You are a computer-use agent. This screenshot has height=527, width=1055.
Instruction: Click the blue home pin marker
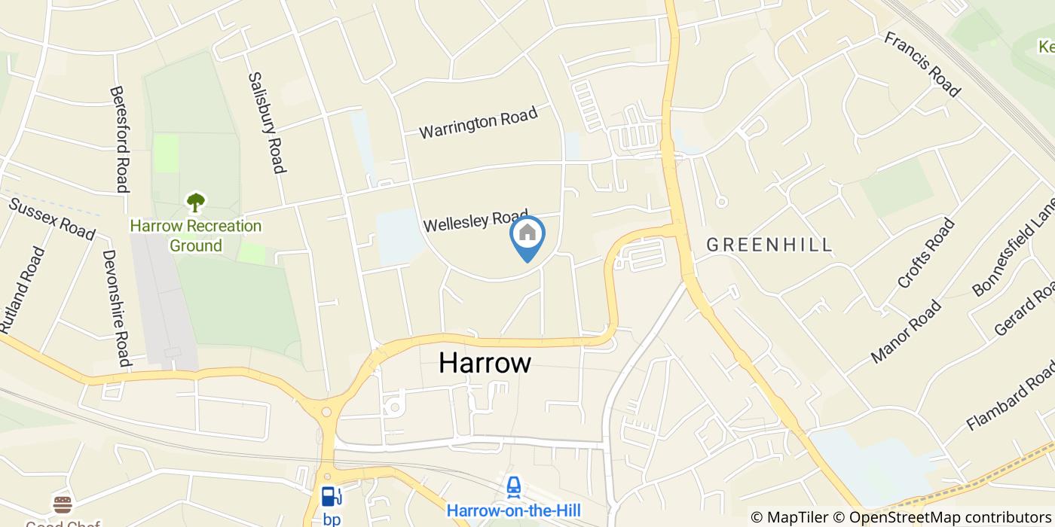(527, 235)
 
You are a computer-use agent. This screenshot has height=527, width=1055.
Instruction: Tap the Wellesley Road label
(476, 221)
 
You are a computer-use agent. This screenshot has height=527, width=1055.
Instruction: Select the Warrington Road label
(479, 123)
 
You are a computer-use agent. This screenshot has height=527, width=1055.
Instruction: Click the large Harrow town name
(485, 364)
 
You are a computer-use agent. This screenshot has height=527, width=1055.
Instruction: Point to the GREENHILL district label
(769, 245)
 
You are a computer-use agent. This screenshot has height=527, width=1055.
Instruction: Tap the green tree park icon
(196, 202)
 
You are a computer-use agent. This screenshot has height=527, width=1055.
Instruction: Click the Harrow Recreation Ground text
(195, 236)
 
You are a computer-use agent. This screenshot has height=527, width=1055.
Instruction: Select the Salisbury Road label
(267, 123)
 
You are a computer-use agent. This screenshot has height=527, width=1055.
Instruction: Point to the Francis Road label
(922, 64)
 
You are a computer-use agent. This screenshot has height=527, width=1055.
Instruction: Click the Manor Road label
(906, 331)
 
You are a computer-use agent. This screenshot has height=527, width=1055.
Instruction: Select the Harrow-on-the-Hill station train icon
(514, 487)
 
